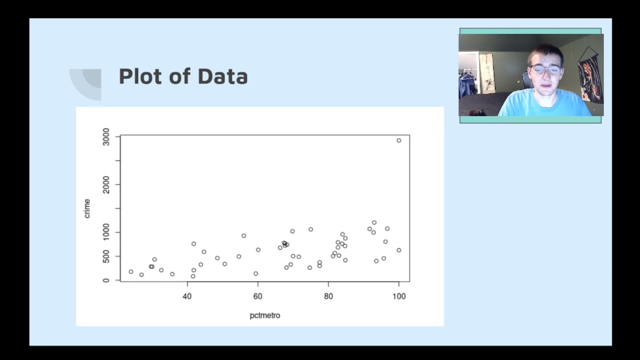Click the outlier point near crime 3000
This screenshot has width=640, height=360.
399,140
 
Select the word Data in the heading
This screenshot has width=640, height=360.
222,76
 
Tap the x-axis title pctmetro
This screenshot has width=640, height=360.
265,315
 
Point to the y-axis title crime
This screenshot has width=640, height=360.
87,208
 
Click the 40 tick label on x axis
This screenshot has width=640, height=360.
187,296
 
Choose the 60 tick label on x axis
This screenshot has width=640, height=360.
258,296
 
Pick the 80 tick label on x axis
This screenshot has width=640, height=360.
328,296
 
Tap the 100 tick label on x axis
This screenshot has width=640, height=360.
399,296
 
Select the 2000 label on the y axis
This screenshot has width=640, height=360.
106,184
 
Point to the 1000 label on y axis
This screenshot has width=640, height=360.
106,232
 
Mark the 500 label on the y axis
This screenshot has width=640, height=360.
106,256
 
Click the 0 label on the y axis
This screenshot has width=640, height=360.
106,280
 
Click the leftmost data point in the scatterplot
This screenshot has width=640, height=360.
131,271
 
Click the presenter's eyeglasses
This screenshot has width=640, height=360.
545,69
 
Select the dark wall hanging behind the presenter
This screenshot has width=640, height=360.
590,75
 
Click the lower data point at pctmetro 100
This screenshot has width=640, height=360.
399,250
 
